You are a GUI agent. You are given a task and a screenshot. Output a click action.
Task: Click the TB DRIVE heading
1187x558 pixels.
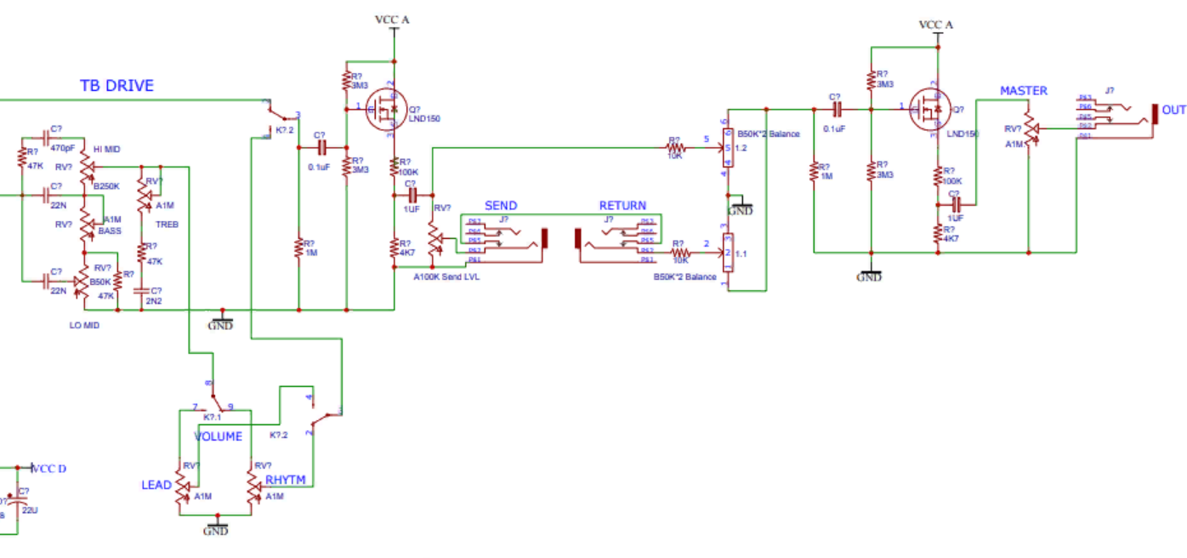coord(116,86)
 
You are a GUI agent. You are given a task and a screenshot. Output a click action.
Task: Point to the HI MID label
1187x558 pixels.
coord(106,149)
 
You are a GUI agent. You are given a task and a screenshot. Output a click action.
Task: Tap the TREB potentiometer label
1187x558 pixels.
coord(165,225)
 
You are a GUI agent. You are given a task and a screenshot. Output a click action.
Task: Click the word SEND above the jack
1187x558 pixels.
coord(501,206)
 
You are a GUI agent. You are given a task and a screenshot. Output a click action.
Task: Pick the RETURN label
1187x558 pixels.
coord(622,206)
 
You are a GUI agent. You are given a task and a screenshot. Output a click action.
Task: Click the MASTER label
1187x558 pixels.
coord(1024,91)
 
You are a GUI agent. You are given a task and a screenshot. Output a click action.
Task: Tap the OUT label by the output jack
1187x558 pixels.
coord(1173,111)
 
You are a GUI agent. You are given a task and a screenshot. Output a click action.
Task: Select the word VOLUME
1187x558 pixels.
coord(219,437)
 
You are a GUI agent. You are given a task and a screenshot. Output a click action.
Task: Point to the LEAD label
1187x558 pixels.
coord(156,485)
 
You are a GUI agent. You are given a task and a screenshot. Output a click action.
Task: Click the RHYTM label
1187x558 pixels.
coord(285,480)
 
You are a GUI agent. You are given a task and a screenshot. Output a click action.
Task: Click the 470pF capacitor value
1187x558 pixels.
coord(62,147)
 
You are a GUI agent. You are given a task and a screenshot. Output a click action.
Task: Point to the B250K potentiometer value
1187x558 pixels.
coord(106,185)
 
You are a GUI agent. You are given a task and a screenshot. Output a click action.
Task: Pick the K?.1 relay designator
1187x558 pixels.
coord(212,418)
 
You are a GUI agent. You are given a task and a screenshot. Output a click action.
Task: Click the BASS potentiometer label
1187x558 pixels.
coord(110,231)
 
